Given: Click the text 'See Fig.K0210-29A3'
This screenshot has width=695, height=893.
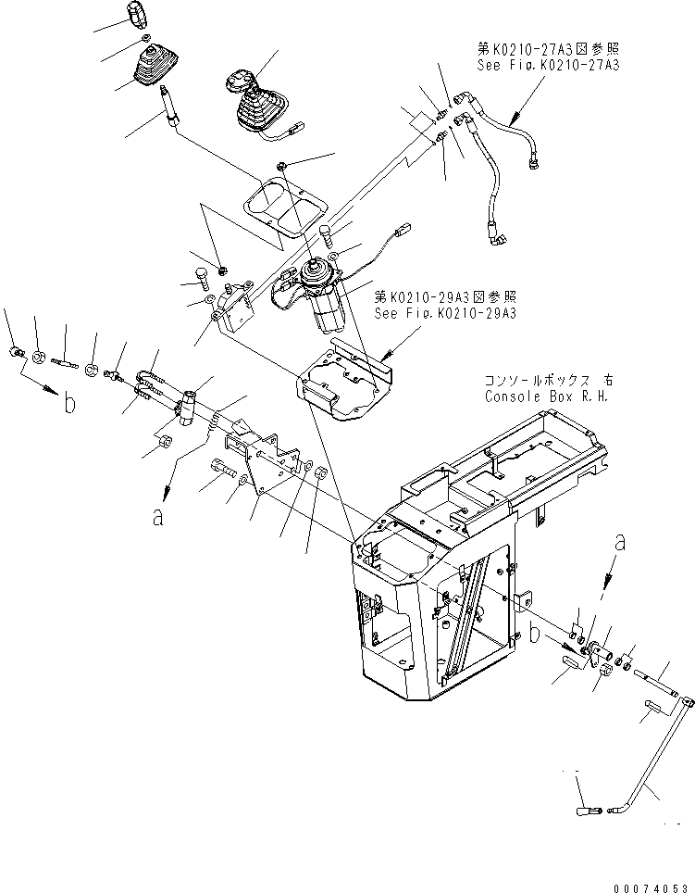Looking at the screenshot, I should click(x=445, y=313).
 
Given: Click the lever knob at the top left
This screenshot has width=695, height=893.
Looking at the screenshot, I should click(x=136, y=16).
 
